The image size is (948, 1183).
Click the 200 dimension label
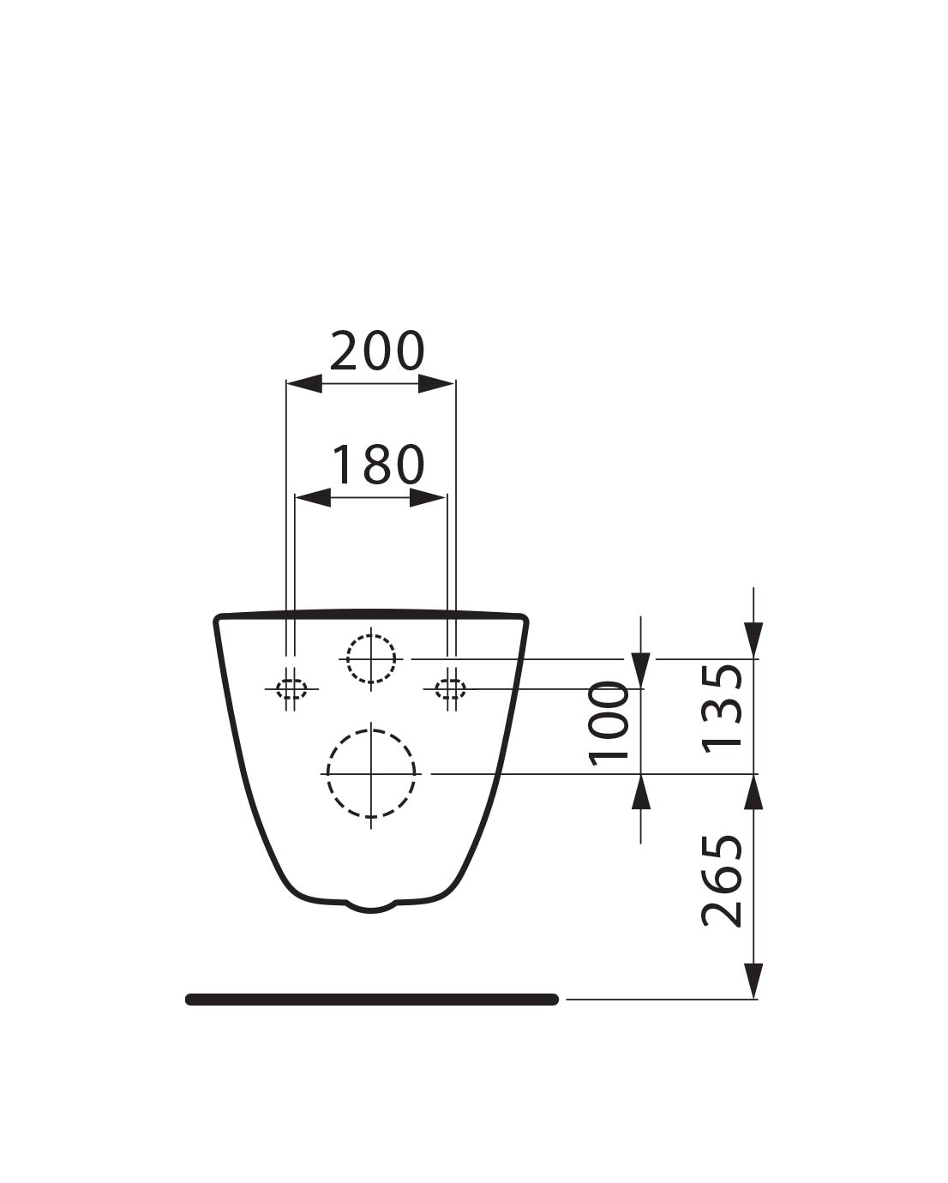[x=377, y=351]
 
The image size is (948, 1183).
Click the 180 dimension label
[x=379, y=465]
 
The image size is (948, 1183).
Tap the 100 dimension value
[x=609, y=724]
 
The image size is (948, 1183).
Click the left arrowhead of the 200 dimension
[x=304, y=384]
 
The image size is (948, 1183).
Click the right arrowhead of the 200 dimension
[x=436, y=384]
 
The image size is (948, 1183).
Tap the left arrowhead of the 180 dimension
[x=313, y=498]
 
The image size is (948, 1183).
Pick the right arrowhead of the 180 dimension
[x=428, y=498]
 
